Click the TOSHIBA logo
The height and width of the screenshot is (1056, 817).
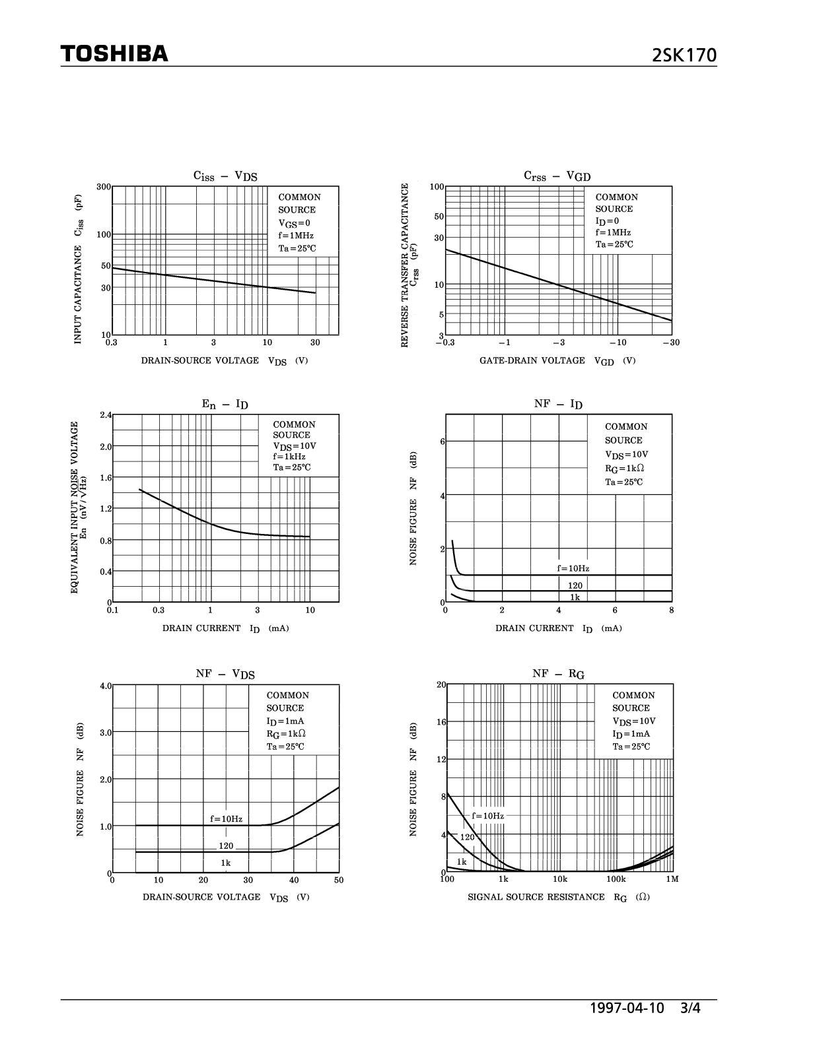point(114,53)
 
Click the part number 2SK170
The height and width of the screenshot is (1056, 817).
point(684,55)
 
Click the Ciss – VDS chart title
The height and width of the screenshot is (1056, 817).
point(225,176)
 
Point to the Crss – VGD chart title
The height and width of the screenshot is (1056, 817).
point(557,176)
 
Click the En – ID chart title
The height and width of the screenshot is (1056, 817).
point(225,404)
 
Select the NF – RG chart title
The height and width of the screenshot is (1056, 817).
point(558,674)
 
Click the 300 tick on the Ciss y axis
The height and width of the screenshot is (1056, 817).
point(103,187)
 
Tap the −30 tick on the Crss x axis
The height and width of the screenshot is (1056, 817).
point(670,343)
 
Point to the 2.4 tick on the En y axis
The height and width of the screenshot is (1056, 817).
point(106,415)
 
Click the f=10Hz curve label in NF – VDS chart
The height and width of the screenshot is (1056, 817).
point(227,819)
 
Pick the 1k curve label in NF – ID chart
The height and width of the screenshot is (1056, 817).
point(575,597)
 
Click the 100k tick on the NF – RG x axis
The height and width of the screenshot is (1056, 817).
point(616,879)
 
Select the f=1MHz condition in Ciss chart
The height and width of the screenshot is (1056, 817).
point(296,236)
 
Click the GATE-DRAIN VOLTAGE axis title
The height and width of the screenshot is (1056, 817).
point(532,360)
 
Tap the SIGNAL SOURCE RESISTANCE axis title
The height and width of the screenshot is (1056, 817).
point(536,897)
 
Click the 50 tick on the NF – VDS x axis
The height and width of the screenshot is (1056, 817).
point(339,880)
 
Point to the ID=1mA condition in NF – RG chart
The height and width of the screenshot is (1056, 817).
point(631,734)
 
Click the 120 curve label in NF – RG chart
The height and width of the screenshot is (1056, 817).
point(468,837)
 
